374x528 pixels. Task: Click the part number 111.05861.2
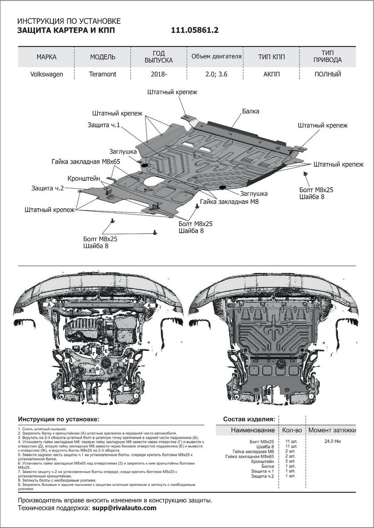194,30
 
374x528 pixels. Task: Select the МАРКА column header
46,57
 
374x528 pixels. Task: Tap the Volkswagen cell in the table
46,74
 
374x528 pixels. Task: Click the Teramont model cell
103,74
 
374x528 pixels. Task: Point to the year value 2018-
159,74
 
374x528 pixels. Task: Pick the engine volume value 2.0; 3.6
216,74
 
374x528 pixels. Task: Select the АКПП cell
271,74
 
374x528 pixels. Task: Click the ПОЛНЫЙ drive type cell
328,74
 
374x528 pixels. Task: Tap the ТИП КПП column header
271,57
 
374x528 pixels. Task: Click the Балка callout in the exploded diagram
250,112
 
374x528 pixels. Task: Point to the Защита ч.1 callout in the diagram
104,125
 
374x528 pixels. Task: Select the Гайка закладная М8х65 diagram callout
86,161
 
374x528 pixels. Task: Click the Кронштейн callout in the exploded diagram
84,179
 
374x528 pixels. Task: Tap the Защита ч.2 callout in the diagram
48,188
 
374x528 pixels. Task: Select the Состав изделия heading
249,419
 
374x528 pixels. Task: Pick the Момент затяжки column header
332,430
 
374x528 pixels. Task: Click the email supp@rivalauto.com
124,508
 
